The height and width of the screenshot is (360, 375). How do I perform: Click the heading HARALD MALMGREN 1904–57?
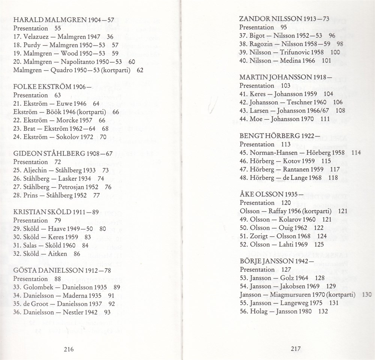64,20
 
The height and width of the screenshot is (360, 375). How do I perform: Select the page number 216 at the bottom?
68,349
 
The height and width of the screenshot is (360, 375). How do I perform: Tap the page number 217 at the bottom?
296,348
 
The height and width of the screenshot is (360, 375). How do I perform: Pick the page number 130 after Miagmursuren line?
367,295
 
